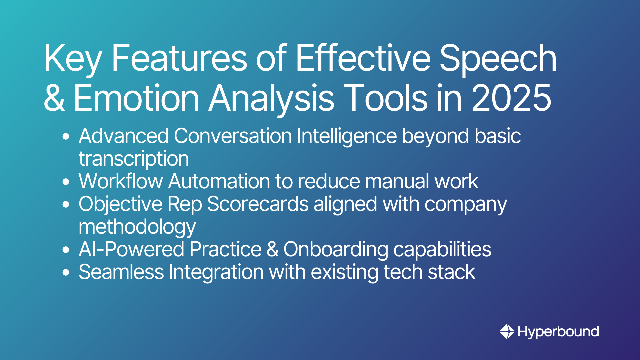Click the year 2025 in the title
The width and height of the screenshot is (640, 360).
click(x=512, y=97)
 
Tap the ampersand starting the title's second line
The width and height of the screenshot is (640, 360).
click(x=54, y=97)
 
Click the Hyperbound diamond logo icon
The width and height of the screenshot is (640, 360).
click(x=507, y=331)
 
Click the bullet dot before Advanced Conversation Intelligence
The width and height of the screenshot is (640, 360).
click(x=66, y=136)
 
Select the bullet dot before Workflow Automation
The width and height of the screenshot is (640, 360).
click(x=66, y=182)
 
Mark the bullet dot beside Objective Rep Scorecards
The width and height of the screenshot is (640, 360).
click(x=66, y=204)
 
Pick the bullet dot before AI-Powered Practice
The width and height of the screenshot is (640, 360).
click(x=66, y=250)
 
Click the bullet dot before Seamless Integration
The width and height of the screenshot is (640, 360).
click(x=66, y=272)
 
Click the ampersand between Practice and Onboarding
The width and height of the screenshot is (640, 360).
click(x=273, y=249)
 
